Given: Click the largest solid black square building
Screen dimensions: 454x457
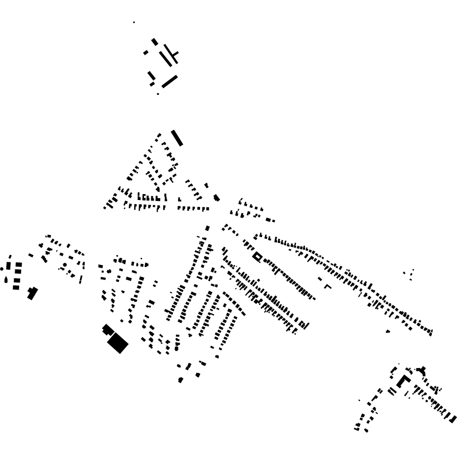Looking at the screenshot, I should (117, 342).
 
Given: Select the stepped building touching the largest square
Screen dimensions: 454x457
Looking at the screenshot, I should (108, 330).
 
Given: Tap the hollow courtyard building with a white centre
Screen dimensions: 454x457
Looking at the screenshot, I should (257, 256).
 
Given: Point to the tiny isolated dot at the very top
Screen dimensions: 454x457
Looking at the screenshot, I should (134, 22).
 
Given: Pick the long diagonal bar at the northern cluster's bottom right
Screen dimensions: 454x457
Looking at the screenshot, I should (170, 82).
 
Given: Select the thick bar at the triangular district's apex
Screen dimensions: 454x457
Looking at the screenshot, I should (177, 138).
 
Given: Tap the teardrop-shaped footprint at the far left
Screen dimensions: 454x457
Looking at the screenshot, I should (5, 280).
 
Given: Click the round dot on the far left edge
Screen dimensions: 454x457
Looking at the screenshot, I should (2, 269).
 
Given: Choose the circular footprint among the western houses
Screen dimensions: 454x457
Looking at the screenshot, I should (65, 265).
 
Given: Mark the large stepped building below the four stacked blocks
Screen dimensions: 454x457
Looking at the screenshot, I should (32, 293).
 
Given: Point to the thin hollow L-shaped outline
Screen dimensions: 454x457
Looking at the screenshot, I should (327, 285).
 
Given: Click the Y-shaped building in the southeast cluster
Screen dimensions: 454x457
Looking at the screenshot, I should (421, 370).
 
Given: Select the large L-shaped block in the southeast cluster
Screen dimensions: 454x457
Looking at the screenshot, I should (404, 381).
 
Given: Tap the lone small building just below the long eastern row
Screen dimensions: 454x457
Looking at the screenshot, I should (388, 332).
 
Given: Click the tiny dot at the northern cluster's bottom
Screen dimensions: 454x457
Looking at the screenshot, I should (158, 94).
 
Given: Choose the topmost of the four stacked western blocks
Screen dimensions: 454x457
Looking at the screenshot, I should (19, 265).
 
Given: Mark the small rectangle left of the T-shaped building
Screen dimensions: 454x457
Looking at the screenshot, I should (145, 53).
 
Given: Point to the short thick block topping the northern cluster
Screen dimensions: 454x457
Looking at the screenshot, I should (155, 42).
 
